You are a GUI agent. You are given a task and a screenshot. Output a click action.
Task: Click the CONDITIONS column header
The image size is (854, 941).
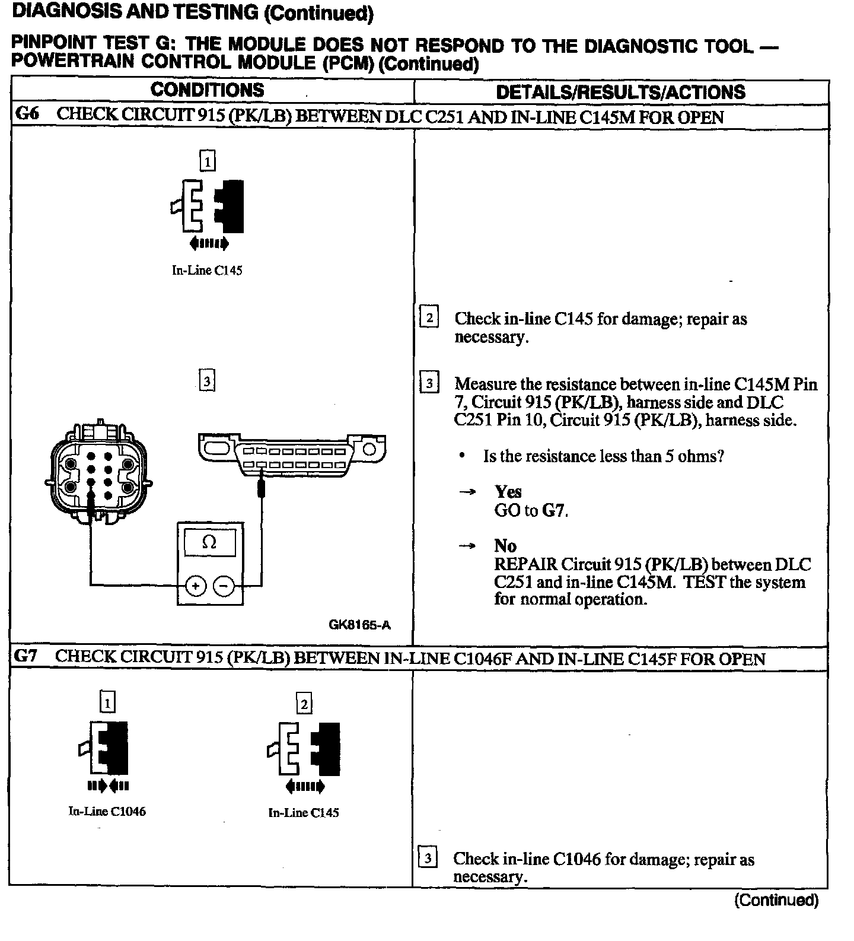[x=207, y=90]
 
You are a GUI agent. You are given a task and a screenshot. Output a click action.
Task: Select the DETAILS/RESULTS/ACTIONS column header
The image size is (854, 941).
[x=620, y=92]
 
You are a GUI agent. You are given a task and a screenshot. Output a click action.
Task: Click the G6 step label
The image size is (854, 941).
[x=27, y=115]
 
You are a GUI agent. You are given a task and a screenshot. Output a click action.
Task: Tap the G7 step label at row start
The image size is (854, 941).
[x=26, y=656]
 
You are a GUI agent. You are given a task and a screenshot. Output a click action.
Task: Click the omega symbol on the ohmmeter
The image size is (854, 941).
[x=209, y=542]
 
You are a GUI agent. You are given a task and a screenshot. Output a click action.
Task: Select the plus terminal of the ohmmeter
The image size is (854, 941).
[x=196, y=586]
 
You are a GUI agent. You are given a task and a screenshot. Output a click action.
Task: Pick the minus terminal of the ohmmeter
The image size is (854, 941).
[x=224, y=586]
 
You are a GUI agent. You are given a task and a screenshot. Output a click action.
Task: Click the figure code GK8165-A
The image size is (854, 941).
[x=359, y=624]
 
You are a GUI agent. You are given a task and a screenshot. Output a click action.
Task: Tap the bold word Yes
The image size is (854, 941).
[x=508, y=492]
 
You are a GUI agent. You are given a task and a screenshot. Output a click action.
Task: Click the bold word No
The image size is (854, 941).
[x=505, y=546]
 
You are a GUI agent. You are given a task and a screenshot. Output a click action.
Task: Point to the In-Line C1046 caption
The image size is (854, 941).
[x=107, y=811]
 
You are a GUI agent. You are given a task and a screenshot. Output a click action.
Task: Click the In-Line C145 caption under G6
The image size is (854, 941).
[x=207, y=271]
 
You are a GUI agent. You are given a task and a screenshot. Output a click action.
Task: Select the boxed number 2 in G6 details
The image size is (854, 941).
[x=429, y=317]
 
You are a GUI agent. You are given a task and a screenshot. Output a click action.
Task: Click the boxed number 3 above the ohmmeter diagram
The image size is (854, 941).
[x=207, y=380]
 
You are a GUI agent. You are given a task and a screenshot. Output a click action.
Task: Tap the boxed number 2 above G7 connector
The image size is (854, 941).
[x=304, y=704]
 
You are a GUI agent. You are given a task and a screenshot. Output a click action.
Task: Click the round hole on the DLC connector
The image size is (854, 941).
[x=369, y=449]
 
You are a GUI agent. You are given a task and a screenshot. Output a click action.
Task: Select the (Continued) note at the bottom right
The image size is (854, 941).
[x=776, y=900]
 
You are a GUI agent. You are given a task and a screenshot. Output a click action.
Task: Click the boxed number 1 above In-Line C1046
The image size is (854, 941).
[x=107, y=703]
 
